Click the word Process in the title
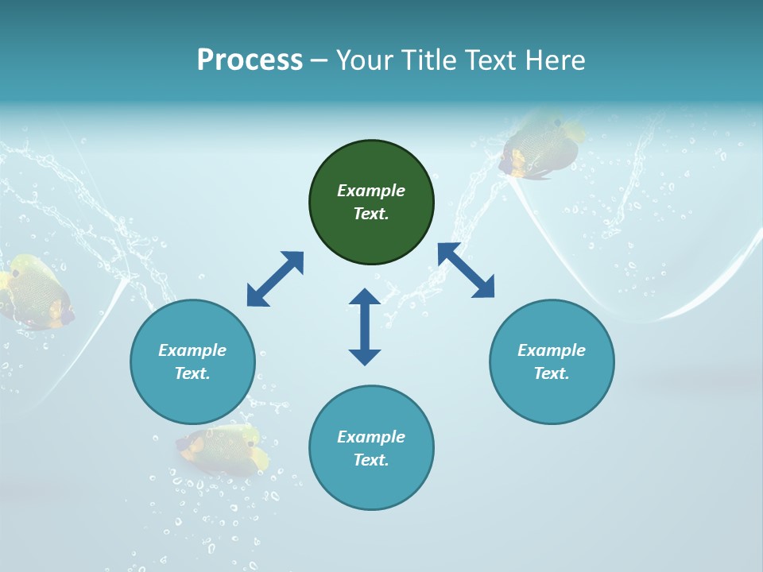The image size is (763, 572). [x=250, y=60]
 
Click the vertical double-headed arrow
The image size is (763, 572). [x=365, y=327]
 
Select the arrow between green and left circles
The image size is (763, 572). [x=275, y=279]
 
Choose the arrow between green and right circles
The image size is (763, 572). [x=467, y=271]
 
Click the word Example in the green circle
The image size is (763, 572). [x=371, y=191]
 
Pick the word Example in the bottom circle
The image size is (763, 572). [x=371, y=437]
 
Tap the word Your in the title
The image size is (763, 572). [x=362, y=60]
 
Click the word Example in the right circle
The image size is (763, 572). [x=552, y=350]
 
